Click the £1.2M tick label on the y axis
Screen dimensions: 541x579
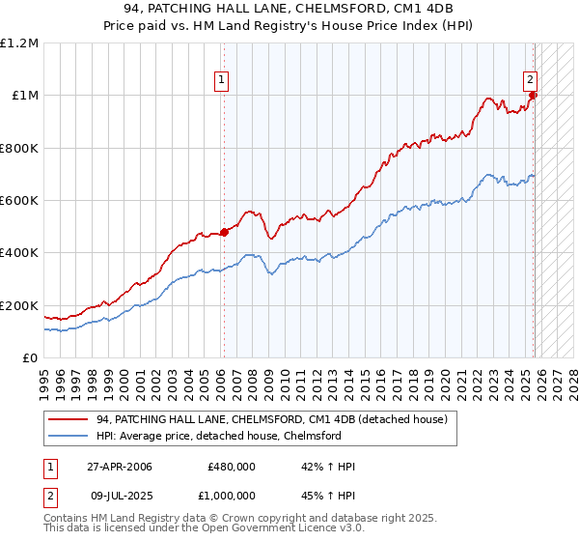coord(19,43)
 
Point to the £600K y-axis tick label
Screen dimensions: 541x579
coord(19,201)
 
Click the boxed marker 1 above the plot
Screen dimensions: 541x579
coord(223,81)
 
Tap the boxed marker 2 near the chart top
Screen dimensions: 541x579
coord(531,81)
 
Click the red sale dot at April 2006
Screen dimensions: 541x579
coord(224,232)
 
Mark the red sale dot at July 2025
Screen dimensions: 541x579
coord(534,95)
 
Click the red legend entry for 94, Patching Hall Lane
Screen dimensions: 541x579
coord(272,420)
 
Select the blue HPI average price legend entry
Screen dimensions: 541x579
coord(219,436)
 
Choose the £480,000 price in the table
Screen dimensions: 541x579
coord(232,467)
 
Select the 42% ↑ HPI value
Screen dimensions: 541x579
coord(329,467)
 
